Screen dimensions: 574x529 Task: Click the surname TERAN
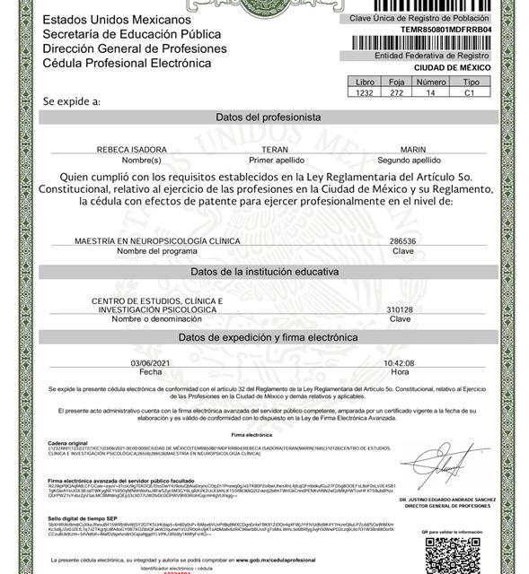point(272,149)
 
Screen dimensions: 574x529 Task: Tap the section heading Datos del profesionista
point(267,117)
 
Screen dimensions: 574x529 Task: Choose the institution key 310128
point(400,309)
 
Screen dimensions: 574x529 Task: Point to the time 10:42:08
point(400,362)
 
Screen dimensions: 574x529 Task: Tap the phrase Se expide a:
point(72,102)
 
